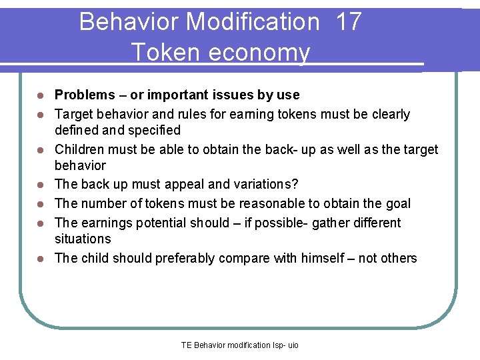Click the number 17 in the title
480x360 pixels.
click(x=349, y=22)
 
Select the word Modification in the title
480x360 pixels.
click(x=253, y=22)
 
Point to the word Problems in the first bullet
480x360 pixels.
click(x=84, y=95)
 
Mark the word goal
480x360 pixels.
click(x=398, y=203)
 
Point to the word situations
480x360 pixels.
click(x=83, y=238)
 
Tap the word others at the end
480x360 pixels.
click(x=398, y=258)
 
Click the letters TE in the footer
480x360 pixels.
click(x=186, y=345)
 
